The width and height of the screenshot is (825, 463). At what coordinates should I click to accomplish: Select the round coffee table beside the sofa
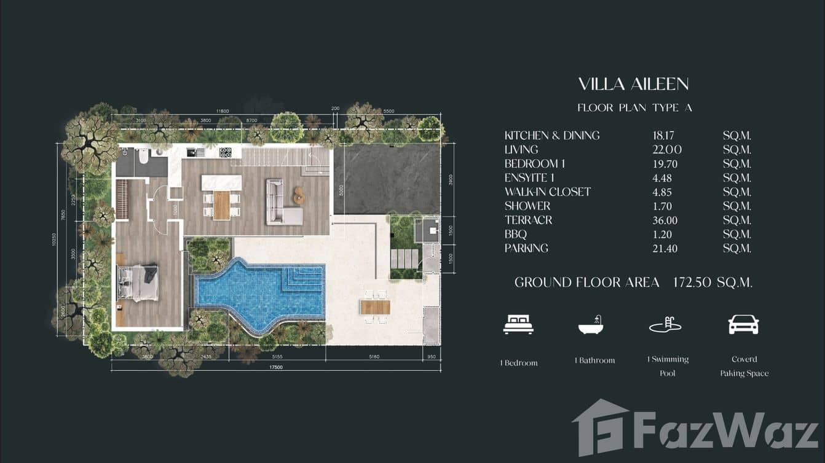pyautogui.click(x=299, y=195)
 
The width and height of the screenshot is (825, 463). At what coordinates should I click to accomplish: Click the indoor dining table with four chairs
pyautogui.click(x=221, y=204)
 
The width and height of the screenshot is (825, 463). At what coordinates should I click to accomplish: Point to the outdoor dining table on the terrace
pyautogui.click(x=375, y=306)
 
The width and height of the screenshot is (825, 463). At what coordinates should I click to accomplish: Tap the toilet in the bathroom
pyautogui.click(x=144, y=157)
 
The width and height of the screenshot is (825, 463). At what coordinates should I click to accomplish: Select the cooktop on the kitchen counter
pyautogui.click(x=226, y=152)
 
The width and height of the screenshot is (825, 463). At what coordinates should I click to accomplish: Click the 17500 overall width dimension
pyautogui.click(x=275, y=368)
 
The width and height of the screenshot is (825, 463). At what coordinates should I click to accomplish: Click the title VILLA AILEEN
pyautogui.click(x=633, y=84)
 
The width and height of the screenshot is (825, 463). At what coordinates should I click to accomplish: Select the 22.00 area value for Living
pyautogui.click(x=667, y=150)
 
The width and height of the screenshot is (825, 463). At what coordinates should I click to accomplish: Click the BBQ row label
pyautogui.click(x=516, y=235)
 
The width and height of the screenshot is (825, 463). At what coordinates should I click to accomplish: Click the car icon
pyautogui.click(x=743, y=325)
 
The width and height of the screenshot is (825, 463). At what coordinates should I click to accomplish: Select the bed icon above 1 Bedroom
pyautogui.click(x=518, y=325)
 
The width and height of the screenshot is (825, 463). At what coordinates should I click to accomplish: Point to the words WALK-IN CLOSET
pyautogui.click(x=547, y=192)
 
